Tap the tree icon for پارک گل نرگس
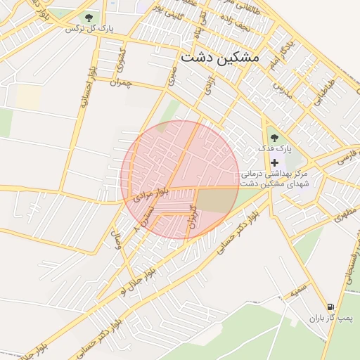tap(89, 18)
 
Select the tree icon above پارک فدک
tap(274, 138)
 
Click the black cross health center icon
tap(274, 162)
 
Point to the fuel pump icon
tap(330, 307)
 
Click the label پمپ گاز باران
tap(330, 319)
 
